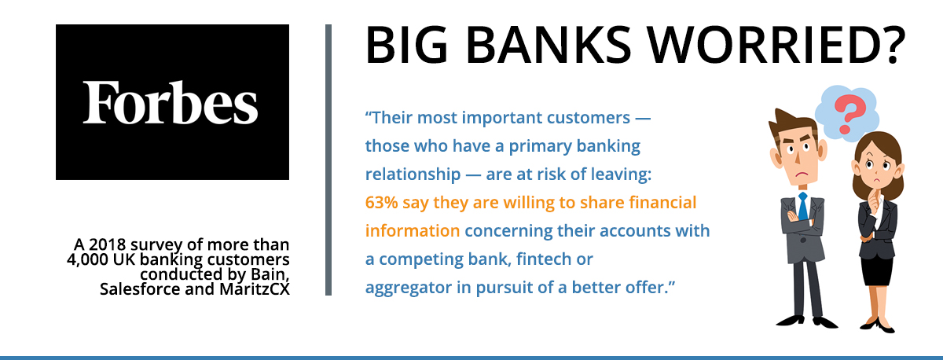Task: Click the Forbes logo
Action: click(x=172, y=102)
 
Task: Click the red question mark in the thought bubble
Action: click(x=849, y=114)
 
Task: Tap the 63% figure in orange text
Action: click(x=381, y=203)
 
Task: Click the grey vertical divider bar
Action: click(x=328, y=160)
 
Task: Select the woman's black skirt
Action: click(x=876, y=270)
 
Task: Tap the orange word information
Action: click(x=412, y=231)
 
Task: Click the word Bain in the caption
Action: click(x=270, y=274)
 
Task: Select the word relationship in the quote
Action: click(x=413, y=174)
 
